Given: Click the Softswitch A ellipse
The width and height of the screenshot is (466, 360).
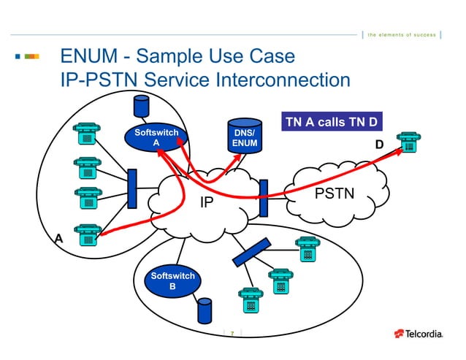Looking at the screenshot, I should tap(156, 138).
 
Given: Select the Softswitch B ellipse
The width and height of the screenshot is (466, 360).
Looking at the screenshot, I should tap(172, 281).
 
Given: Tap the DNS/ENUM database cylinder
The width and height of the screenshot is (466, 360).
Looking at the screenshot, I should tap(244, 138).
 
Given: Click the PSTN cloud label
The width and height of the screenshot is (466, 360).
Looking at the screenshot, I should tap(334, 194).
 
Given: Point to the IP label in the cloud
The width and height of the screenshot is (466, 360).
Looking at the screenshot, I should tap(207, 200).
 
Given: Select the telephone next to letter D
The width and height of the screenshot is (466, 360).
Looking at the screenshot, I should tap(409, 142).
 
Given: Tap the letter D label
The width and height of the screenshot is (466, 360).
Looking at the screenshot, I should tap(379, 145).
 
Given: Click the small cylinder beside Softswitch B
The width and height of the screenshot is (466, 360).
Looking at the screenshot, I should tap(204, 310).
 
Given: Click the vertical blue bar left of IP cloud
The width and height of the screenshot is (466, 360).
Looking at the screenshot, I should tap(131, 188).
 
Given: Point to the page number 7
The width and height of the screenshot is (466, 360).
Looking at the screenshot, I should tap(232, 334).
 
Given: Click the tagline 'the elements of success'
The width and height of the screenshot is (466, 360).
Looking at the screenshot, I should tap(401, 35).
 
